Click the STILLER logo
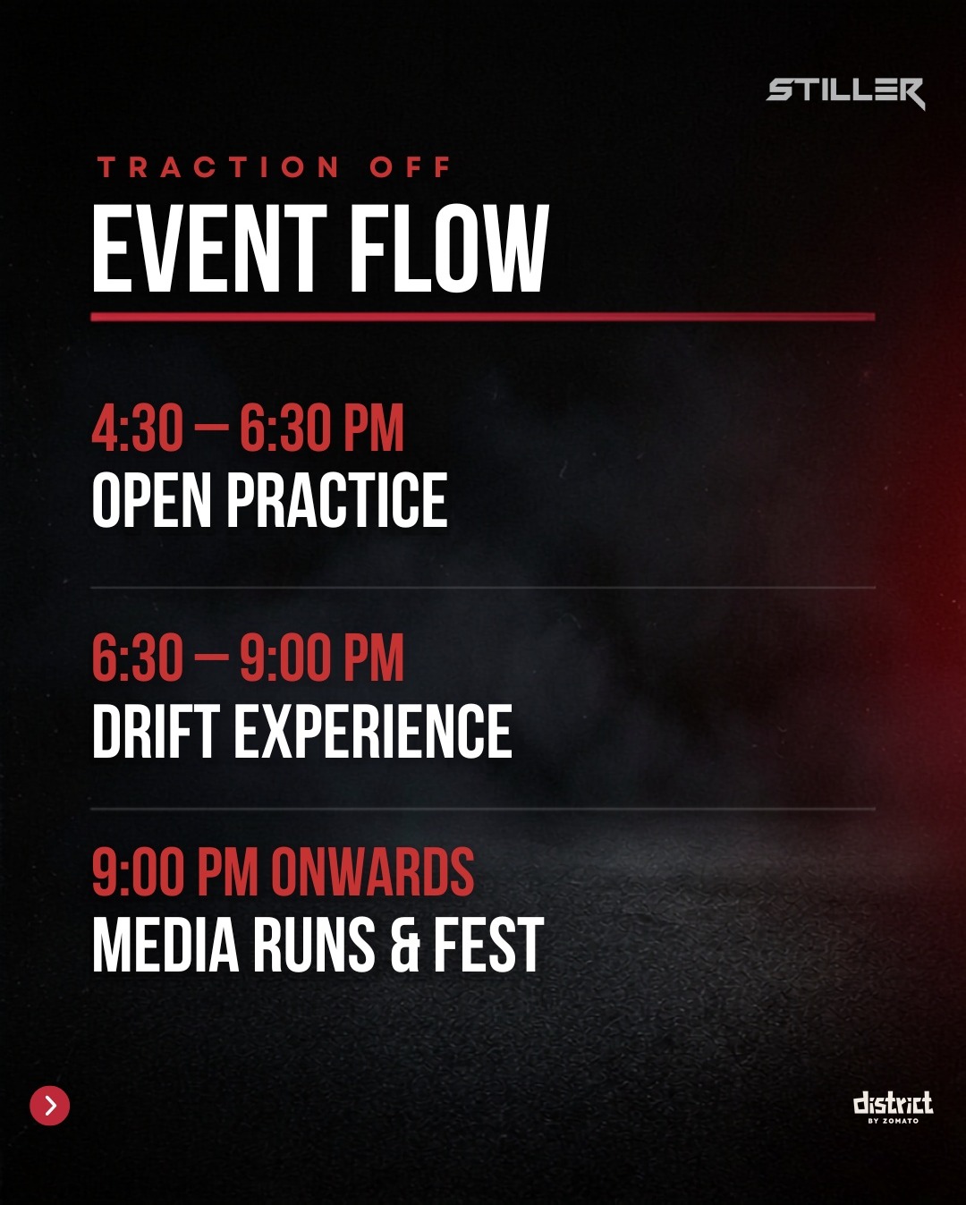pos(845,93)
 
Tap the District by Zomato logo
pos(893,1107)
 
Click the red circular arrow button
pos(50,1106)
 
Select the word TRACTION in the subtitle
pos(218,167)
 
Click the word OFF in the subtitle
pos(411,167)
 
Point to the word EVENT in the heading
pos(209,248)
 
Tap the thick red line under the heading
pos(483,317)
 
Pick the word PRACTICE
pos(337,499)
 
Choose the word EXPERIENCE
pos(373,730)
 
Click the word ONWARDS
pos(373,871)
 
